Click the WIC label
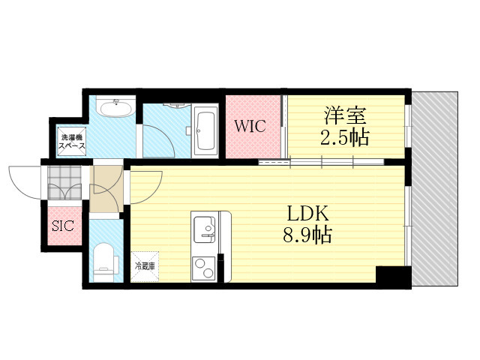pyautogui.click(x=250, y=126)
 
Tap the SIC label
pyautogui.click(x=63, y=226)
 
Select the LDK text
pyautogui.click(x=307, y=214)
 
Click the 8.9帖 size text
pyautogui.click(x=307, y=235)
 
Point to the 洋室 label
pyautogui.click(x=345, y=115)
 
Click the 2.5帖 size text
pyautogui.click(x=345, y=137)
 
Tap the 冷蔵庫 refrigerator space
pyautogui.click(x=145, y=267)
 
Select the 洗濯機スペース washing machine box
pyautogui.click(x=72, y=142)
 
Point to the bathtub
pyautogui.click(x=205, y=130)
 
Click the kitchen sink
pyautogui.click(x=205, y=229)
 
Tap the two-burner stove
pyautogui.click(x=203, y=268)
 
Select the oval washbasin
pyautogui.click(x=117, y=108)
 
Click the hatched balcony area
pyautogui.click(x=435, y=188)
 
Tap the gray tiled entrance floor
pyautogui.click(x=64, y=182)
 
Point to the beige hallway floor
pyautogui.click(x=106, y=189)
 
